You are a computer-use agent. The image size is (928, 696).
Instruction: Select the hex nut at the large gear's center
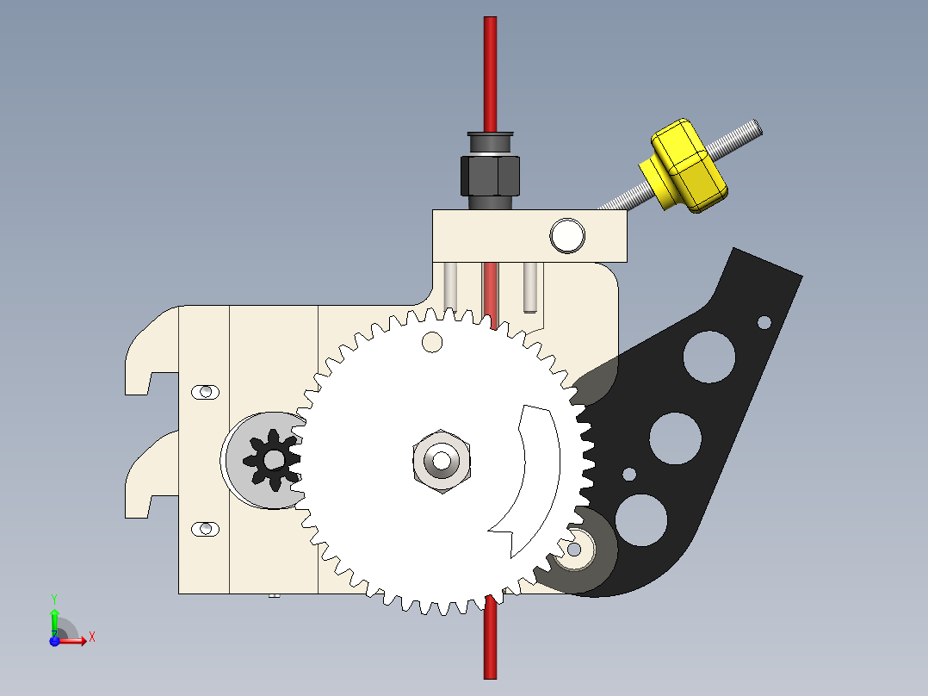(x=441, y=460)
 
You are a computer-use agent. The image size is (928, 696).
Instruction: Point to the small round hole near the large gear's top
(x=431, y=342)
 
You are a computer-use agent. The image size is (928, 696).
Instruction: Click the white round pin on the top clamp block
(x=567, y=235)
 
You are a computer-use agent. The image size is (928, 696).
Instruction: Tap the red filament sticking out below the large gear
(x=490, y=642)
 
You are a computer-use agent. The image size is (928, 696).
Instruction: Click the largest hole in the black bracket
(x=710, y=357)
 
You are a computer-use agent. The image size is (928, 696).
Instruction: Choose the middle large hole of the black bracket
(x=675, y=438)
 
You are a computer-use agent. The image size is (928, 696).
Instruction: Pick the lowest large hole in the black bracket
(x=641, y=520)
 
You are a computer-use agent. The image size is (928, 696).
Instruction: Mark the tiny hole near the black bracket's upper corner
(x=764, y=322)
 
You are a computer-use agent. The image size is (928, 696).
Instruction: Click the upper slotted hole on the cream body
(x=205, y=392)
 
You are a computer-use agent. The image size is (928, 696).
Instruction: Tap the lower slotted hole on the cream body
(x=205, y=528)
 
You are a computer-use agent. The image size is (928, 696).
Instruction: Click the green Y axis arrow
(x=54, y=614)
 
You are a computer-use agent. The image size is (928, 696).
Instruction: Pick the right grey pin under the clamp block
(x=529, y=287)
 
